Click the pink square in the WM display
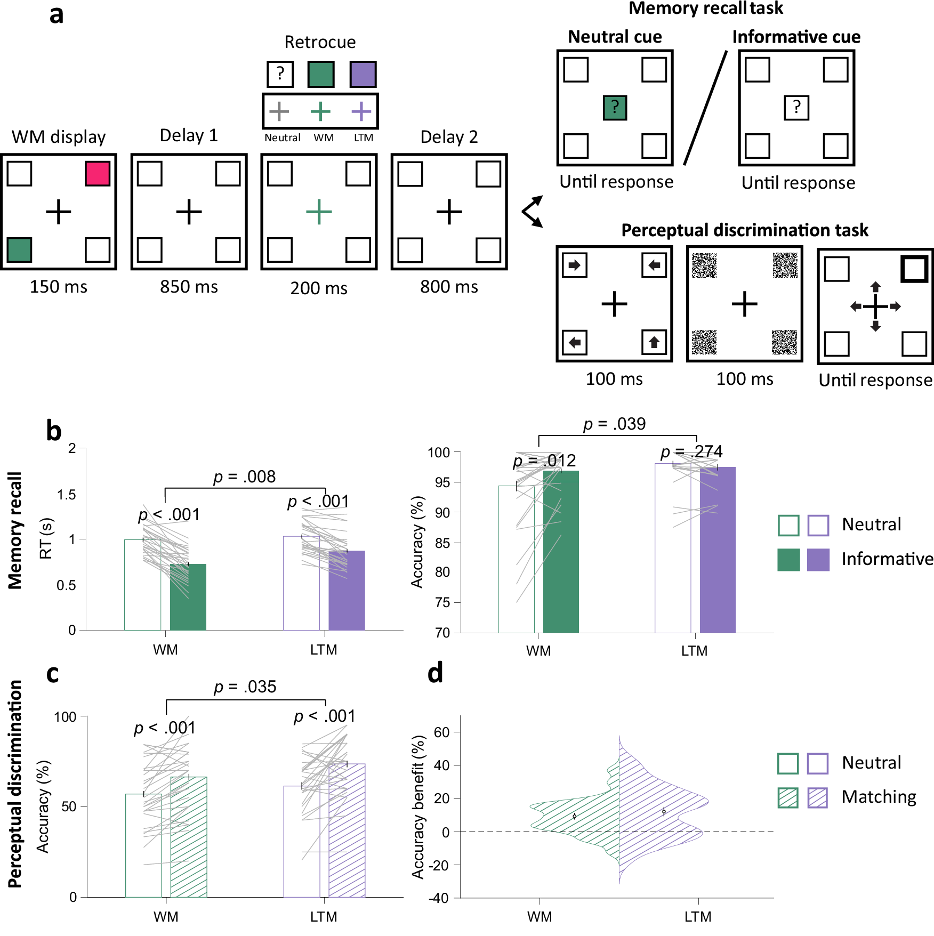point(98,174)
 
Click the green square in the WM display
point(20,249)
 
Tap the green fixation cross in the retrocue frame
point(319,212)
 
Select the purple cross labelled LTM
point(361,111)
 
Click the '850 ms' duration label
point(189,287)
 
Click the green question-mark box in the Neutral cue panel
point(615,108)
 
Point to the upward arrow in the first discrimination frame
point(654,342)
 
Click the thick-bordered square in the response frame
point(914,269)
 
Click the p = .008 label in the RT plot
point(245,477)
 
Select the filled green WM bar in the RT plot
point(188,597)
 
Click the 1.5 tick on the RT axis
point(67,495)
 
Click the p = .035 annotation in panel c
point(245,687)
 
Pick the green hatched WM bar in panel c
point(189,837)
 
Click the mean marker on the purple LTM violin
point(664,811)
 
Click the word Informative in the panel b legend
point(887,559)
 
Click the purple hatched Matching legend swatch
point(817,797)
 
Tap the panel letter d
point(435,673)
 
